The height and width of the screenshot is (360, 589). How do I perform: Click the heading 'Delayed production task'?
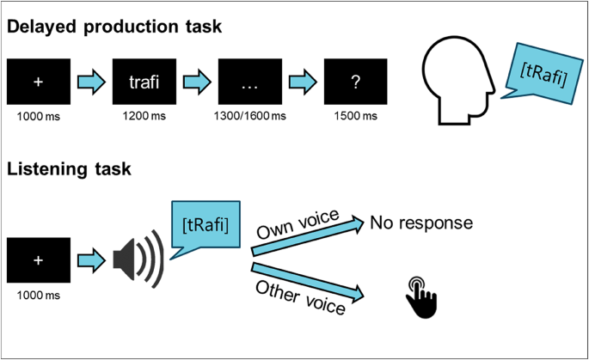[114, 27]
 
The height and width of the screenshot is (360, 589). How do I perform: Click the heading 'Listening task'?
[69, 169]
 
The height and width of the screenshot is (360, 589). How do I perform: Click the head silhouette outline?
[455, 86]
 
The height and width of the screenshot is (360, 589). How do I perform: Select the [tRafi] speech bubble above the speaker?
[206, 225]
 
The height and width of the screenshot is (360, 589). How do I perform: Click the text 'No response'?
[421, 223]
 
